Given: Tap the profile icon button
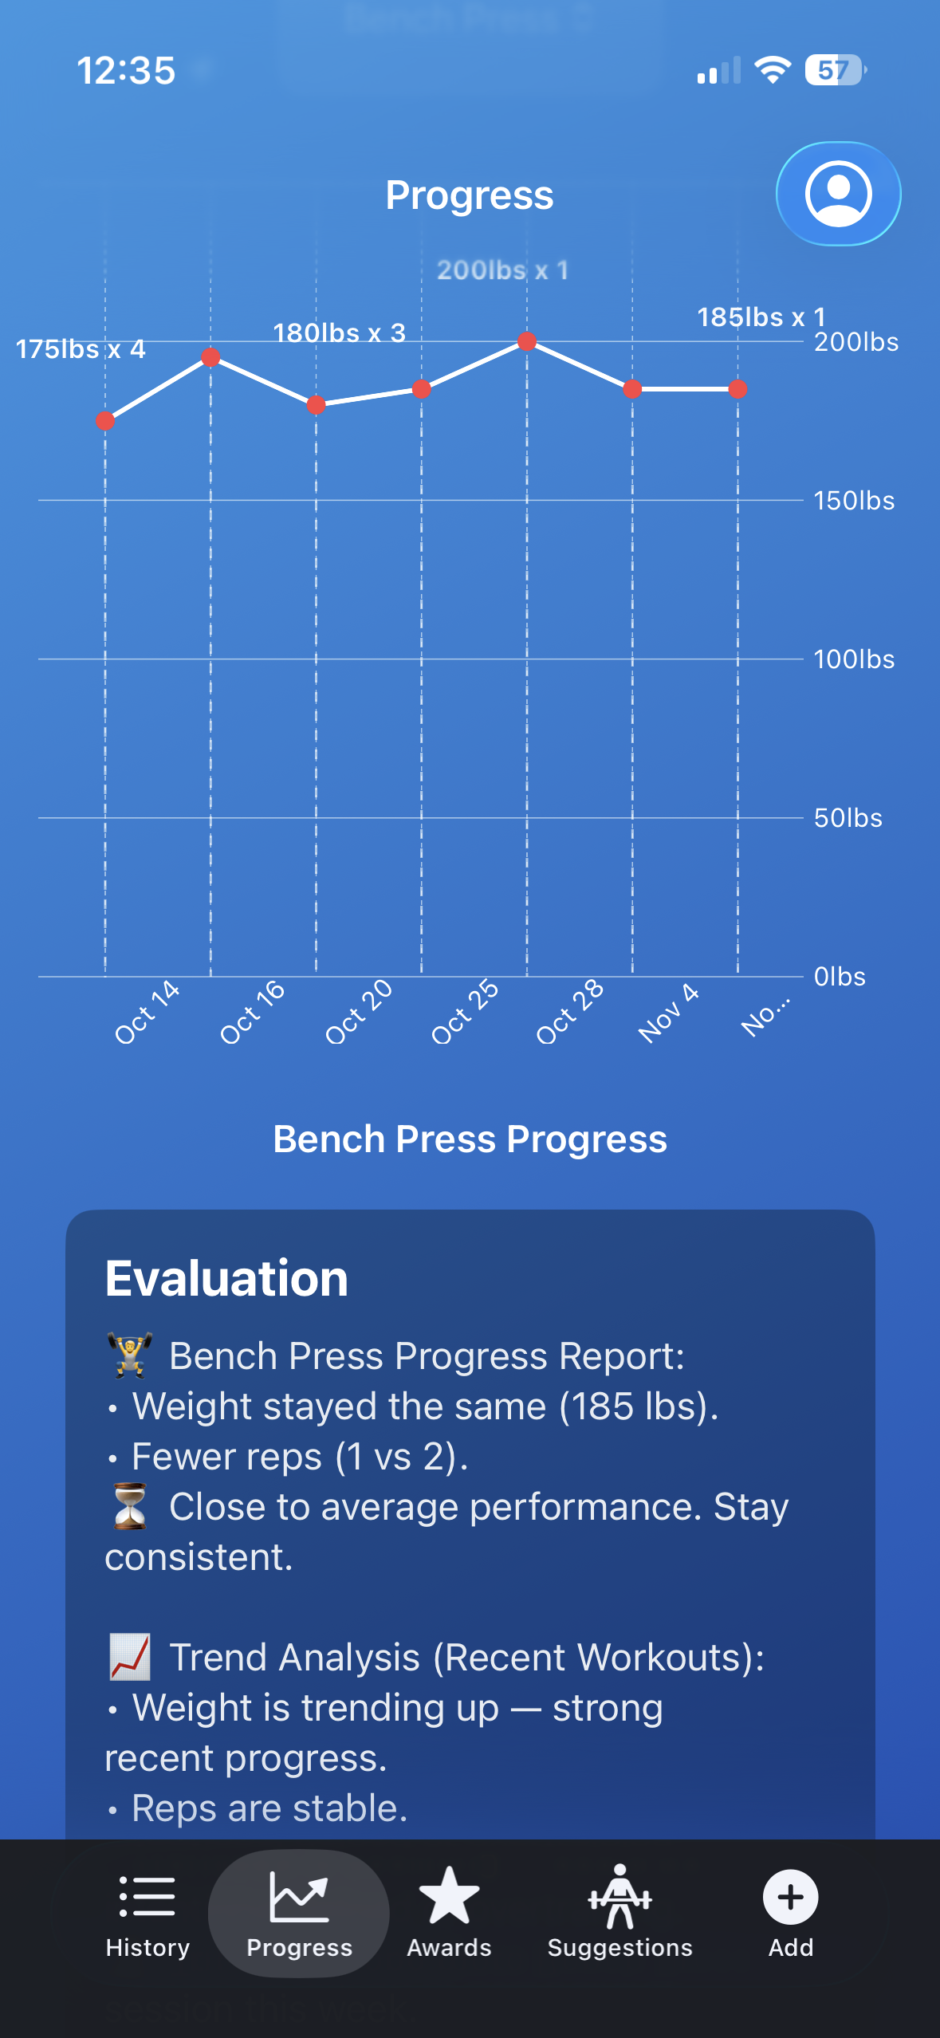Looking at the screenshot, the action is (838, 194).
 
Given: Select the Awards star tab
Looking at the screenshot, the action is (449, 1914).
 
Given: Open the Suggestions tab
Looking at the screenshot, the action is (619, 1914).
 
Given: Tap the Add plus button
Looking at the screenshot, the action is (790, 1914).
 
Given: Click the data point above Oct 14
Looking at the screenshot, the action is (105, 421).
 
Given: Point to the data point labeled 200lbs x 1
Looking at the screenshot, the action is (527, 341).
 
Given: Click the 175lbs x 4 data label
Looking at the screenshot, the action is (81, 349).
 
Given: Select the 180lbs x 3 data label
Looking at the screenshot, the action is (340, 332).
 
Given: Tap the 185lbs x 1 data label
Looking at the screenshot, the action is (761, 317).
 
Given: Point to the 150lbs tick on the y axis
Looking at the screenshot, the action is (854, 501).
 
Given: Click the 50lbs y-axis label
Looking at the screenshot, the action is (848, 818).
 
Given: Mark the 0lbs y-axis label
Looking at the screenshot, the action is (840, 977).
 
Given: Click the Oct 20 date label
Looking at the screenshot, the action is (359, 1012).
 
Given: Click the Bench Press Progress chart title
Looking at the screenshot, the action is (470, 1139).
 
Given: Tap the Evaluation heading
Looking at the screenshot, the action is (227, 1278).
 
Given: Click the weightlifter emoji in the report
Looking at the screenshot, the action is (130, 1355).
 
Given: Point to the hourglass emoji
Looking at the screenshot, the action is (130, 1506).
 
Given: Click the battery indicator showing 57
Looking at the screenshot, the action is (836, 70).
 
